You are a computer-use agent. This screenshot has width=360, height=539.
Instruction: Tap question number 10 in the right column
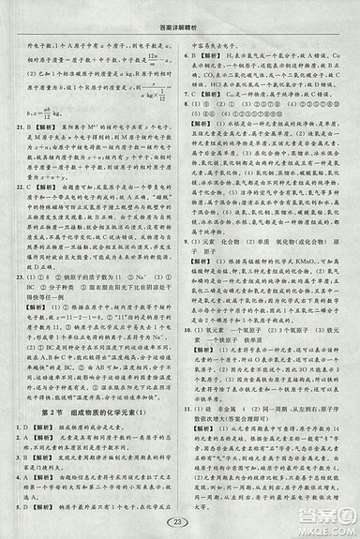pos(189,330)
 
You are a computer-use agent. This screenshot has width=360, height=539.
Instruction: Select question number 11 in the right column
pos(189,410)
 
